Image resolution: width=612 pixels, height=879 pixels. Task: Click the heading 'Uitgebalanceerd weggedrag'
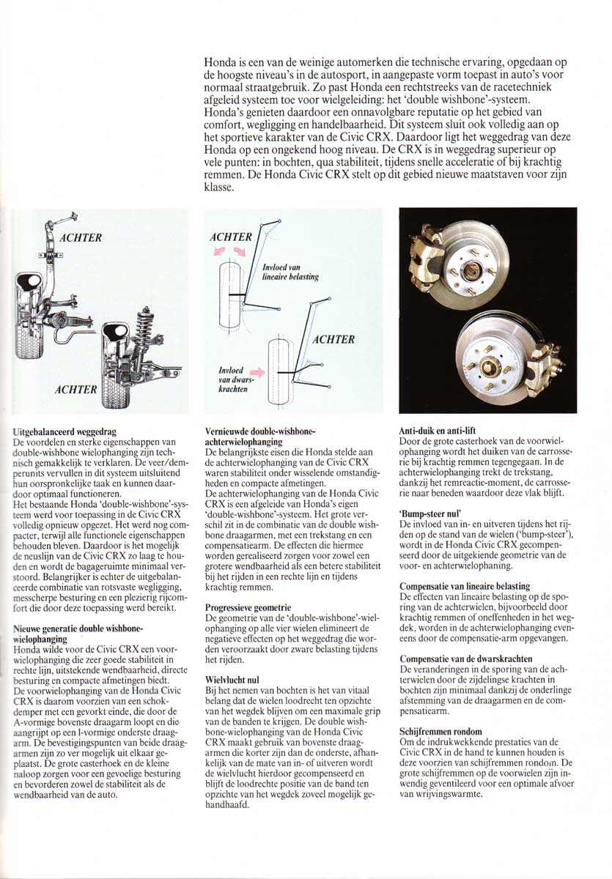[x=65, y=433]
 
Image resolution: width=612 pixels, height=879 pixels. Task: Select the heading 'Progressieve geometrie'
[x=248, y=607]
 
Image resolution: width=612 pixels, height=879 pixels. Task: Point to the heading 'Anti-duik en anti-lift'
[x=441, y=431]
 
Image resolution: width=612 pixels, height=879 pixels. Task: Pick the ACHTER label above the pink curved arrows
[x=230, y=237]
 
